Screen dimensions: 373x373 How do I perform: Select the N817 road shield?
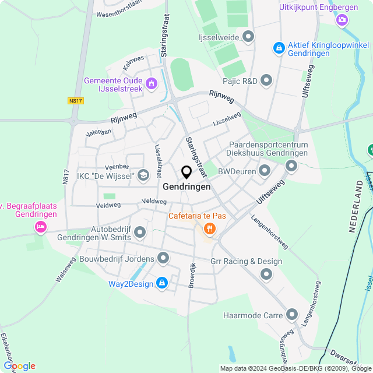[x=76, y=101]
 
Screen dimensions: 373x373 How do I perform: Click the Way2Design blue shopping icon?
[x=162, y=284]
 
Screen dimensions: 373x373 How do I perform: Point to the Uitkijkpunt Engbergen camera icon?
[x=342, y=20]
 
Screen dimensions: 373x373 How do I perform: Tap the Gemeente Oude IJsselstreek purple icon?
[x=152, y=84]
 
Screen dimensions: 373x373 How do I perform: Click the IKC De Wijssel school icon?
[x=142, y=175]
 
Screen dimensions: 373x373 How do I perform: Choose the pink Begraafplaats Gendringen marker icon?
[x=40, y=226]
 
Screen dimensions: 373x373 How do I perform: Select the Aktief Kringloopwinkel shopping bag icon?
[x=279, y=48]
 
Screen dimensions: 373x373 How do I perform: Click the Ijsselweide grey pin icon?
[x=248, y=37]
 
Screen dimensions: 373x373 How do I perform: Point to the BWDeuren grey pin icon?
[x=265, y=171]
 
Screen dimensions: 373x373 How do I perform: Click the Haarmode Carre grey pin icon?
[x=292, y=316]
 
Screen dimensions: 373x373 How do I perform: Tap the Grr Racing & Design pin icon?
[x=266, y=273]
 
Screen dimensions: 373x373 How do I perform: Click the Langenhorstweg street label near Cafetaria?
[x=269, y=233]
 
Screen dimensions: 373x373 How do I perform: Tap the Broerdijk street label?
[x=192, y=274]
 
